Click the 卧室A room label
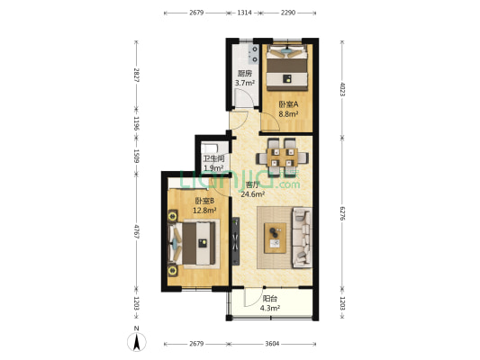point(288,104)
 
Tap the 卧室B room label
point(204,201)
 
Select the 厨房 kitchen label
point(245,74)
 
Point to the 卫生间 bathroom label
point(214,158)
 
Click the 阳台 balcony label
point(269,299)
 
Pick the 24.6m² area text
point(253,193)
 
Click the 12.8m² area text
point(204,211)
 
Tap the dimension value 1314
point(245,13)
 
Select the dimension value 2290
point(288,13)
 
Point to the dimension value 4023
point(342,89)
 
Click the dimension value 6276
point(342,213)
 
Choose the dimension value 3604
point(272,344)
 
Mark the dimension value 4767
point(137,232)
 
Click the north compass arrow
point(137,342)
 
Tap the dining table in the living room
point(282,157)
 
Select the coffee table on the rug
point(275,238)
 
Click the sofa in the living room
point(303,238)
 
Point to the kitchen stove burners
point(255,54)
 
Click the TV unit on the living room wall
point(235,241)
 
